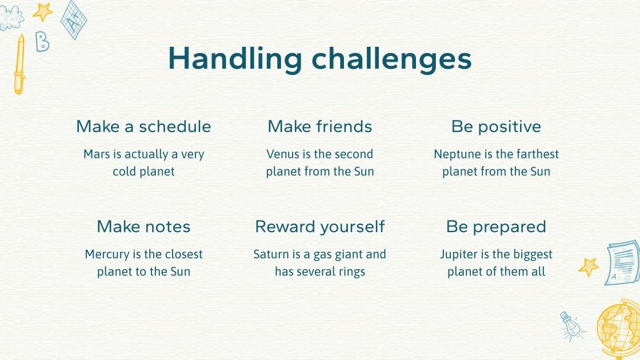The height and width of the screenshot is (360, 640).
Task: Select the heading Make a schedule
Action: (x=143, y=126)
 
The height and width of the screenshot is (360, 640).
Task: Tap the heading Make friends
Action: (x=320, y=126)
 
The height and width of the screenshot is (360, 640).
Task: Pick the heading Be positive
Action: (x=497, y=127)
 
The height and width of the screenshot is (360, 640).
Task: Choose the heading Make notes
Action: (x=143, y=226)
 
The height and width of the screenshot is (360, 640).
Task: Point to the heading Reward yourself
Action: (x=320, y=227)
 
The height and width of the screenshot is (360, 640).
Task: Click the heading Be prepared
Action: (x=497, y=227)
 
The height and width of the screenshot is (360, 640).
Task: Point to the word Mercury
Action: (x=107, y=254)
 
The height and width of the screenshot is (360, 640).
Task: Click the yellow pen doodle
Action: (x=19, y=65)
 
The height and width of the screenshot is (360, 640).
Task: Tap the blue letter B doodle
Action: (x=42, y=42)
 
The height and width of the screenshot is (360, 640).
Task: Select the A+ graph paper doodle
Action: (x=74, y=20)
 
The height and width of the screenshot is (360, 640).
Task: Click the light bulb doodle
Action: (x=571, y=326)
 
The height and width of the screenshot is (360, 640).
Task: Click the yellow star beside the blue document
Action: (x=589, y=267)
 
